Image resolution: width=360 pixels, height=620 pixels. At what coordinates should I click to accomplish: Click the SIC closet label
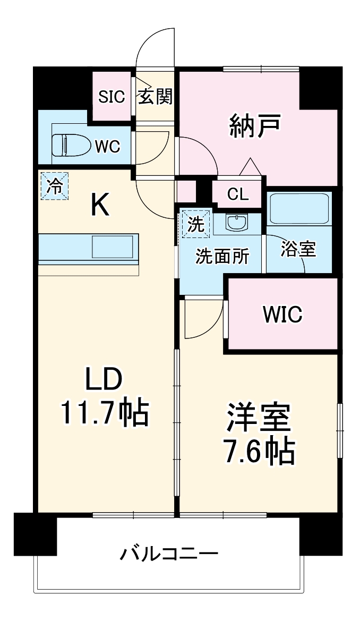(x=112, y=96)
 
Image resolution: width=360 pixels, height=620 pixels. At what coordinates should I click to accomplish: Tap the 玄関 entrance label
(x=155, y=96)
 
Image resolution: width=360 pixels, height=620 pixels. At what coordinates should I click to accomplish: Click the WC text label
(x=108, y=146)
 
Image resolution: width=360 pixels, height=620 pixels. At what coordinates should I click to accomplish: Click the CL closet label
(x=237, y=194)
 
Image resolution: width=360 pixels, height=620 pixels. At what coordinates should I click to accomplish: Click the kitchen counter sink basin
(x=114, y=247)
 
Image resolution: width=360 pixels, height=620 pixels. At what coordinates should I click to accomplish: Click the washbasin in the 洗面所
(x=235, y=223)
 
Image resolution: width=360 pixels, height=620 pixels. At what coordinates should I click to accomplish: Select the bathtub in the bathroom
(x=299, y=209)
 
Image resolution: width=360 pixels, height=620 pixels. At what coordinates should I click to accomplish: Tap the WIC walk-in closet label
(x=282, y=314)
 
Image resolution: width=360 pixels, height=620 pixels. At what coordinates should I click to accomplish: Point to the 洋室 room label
(x=259, y=418)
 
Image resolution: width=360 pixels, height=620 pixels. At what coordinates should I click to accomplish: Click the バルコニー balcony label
(x=168, y=555)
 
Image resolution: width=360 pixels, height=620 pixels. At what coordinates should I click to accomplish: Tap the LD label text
(x=105, y=380)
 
